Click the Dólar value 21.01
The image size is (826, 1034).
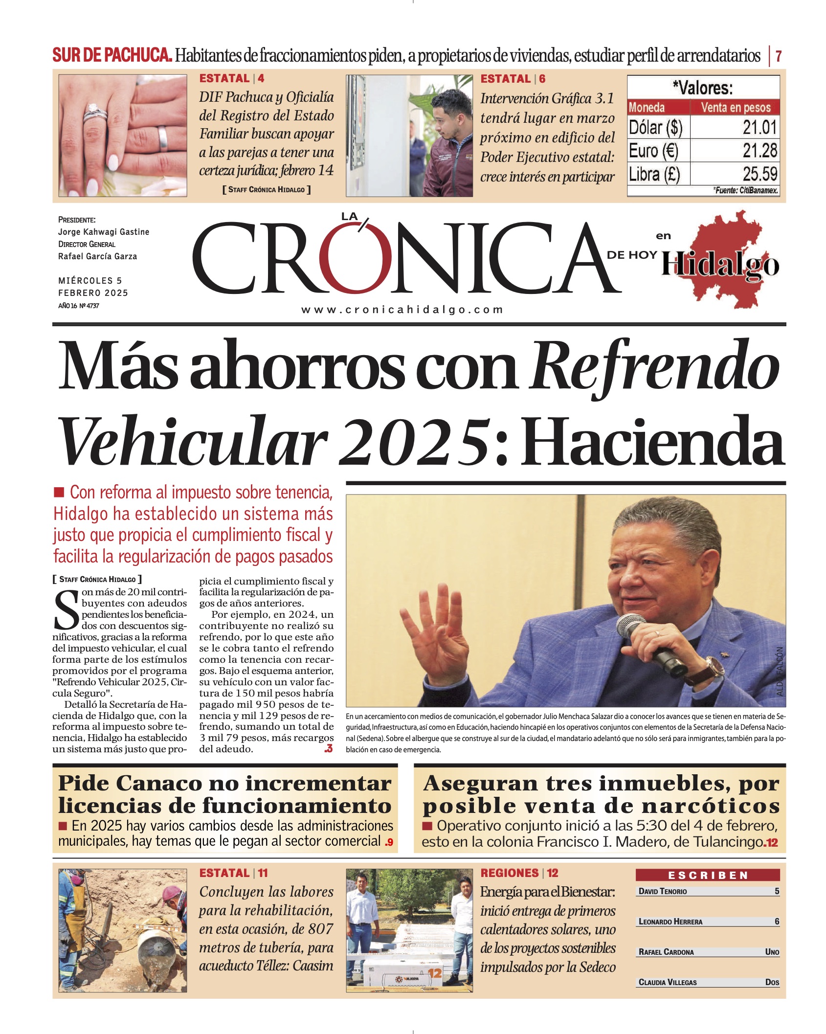[x=759, y=128]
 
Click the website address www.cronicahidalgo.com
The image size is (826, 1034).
[x=402, y=310]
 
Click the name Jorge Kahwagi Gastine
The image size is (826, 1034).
[x=104, y=232]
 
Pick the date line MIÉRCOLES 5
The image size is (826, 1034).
[x=90, y=281]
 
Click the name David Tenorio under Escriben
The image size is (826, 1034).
[x=663, y=891]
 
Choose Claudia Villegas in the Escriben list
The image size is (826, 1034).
[x=668, y=982]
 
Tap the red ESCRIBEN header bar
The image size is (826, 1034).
[x=708, y=875]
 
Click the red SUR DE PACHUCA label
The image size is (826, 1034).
[x=112, y=55]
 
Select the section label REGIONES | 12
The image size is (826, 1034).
[x=519, y=873]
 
